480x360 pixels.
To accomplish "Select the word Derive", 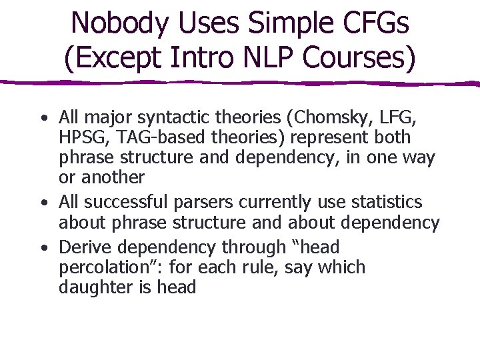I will click(83, 247).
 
